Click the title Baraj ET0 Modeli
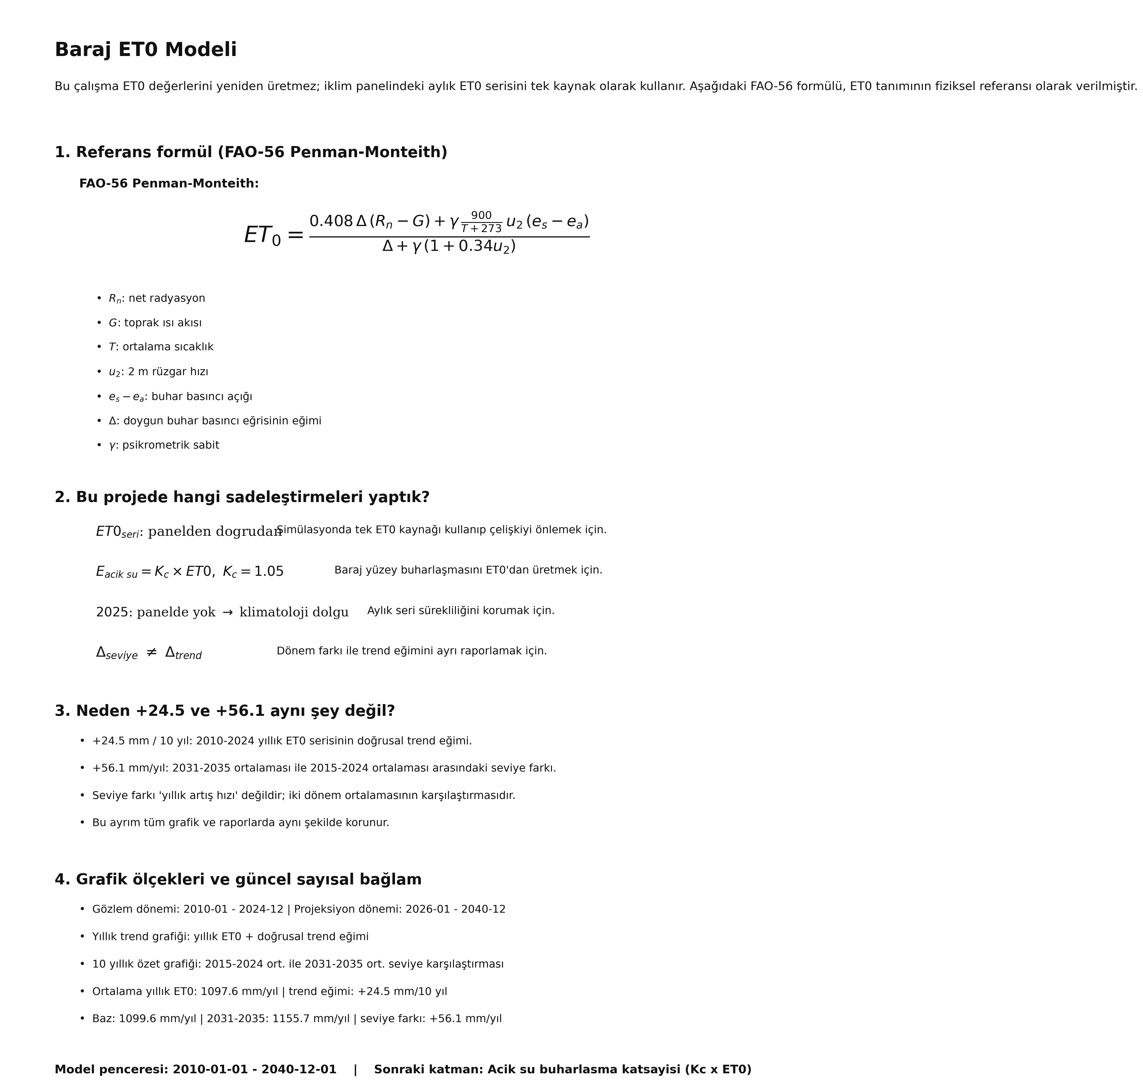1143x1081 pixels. pos(145,50)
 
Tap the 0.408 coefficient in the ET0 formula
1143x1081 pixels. pos(331,221)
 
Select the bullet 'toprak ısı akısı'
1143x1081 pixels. pos(163,323)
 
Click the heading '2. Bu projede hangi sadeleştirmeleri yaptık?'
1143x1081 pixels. pos(242,497)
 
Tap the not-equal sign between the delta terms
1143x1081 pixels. pos(151,652)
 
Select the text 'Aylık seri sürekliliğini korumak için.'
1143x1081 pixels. pos(460,611)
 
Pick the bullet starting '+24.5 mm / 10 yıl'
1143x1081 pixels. pos(282,741)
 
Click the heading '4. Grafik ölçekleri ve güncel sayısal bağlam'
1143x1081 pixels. pos(238,880)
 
